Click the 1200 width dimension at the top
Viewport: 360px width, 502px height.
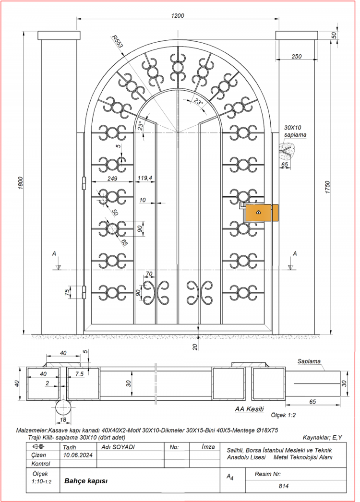178,15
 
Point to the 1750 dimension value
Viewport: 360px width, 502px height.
327,187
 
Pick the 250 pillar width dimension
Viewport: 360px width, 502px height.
296,57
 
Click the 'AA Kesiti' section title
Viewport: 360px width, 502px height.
249,409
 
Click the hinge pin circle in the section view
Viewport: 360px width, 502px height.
63,407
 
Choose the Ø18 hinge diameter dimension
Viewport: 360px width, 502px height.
62,419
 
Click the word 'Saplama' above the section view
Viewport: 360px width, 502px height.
309,361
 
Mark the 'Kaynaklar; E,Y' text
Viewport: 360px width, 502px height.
322,437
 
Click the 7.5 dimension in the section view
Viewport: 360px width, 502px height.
78,373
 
